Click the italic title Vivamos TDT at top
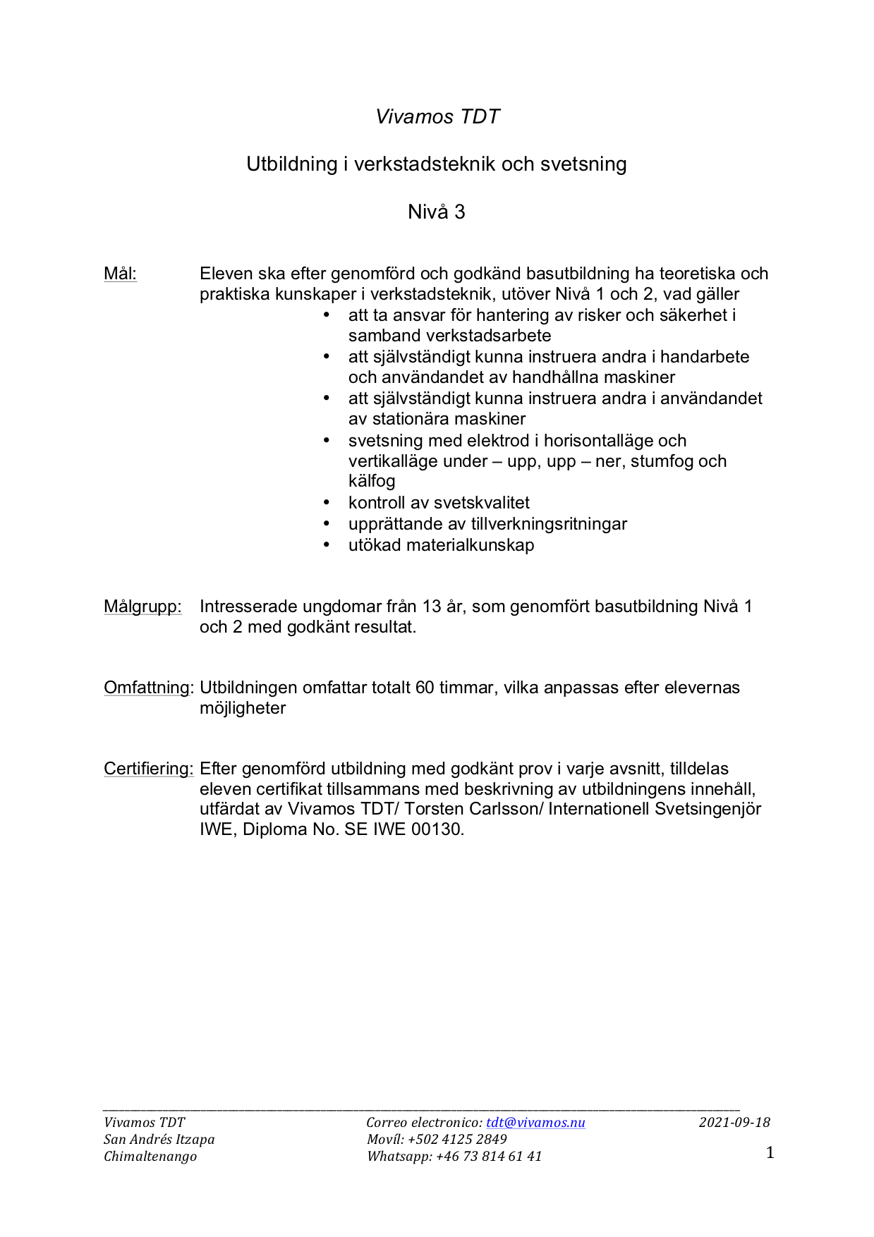[437, 116]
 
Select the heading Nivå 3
[437, 212]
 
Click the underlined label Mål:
[120, 274]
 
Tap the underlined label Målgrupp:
[142, 607]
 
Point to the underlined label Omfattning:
[148, 688]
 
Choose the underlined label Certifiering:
[148, 769]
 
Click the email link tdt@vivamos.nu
[535, 1122]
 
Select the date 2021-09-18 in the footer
[734, 1122]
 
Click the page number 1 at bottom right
[770, 1152]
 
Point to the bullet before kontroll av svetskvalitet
[327, 503]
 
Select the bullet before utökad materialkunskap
[327, 545]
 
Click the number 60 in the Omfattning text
[425, 688]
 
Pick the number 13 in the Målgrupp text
[432, 607]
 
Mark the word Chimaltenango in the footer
[150, 1156]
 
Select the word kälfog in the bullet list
[372, 481]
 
